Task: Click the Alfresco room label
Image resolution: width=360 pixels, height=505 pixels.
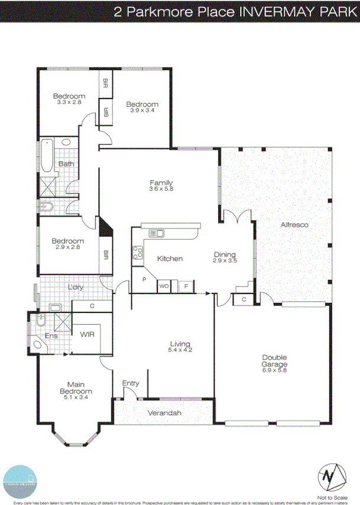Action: [x=294, y=225]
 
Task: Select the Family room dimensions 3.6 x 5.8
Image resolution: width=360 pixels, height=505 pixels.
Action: [x=161, y=189]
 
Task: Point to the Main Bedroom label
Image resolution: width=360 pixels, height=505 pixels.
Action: [x=79, y=387]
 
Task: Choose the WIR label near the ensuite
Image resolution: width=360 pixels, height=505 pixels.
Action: [x=87, y=334]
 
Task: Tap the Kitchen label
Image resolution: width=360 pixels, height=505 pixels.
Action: [x=170, y=259]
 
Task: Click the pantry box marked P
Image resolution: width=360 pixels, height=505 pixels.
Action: [x=144, y=279]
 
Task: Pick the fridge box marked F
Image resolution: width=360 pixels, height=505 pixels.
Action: [x=186, y=286]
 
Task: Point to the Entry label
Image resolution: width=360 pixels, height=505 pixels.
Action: [x=131, y=383]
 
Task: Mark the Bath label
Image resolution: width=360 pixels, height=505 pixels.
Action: [x=66, y=164]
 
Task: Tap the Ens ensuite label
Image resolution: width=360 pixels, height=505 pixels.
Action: [x=52, y=336]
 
